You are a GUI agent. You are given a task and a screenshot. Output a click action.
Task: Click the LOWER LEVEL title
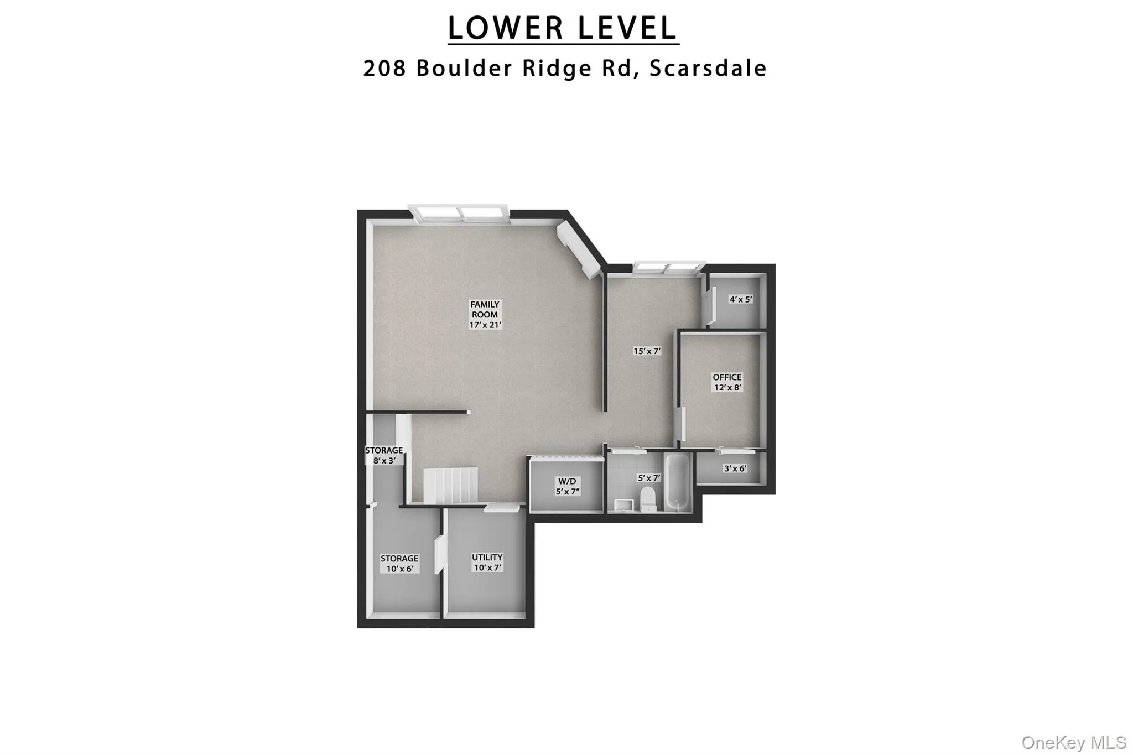click(x=563, y=28)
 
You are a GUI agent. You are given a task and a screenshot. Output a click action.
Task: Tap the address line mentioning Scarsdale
click(x=565, y=68)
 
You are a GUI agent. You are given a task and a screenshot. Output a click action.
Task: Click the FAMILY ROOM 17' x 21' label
click(x=485, y=315)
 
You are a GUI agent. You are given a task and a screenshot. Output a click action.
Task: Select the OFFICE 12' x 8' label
click(x=727, y=382)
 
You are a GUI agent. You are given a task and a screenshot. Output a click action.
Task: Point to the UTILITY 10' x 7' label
click(x=487, y=563)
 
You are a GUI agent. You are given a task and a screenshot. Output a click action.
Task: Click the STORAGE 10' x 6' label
click(x=399, y=564)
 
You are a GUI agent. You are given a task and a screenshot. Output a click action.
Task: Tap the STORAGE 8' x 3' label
click(x=384, y=455)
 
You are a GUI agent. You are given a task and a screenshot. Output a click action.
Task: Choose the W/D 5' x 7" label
click(x=567, y=486)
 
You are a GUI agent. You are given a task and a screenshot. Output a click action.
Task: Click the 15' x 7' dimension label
click(x=647, y=351)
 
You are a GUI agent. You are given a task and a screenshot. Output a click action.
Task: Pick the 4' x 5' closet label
click(x=741, y=299)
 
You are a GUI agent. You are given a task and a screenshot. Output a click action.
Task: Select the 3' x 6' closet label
click(x=735, y=468)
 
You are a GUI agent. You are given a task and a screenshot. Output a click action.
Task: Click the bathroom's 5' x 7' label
click(x=649, y=478)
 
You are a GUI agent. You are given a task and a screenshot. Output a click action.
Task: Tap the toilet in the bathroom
click(x=647, y=497)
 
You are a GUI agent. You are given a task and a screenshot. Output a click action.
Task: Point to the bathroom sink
click(x=623, y=503)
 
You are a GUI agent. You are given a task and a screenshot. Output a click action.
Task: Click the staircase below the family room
click(x=450, y=485)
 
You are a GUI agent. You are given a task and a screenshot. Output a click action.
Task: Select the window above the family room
click(x=458, y=213)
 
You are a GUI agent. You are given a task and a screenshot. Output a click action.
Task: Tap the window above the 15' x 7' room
click(x=668, y=268)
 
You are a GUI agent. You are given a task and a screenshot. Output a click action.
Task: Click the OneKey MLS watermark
click(x=1073, y=743)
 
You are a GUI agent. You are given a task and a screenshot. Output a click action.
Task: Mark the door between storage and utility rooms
click(x=440, y=554)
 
